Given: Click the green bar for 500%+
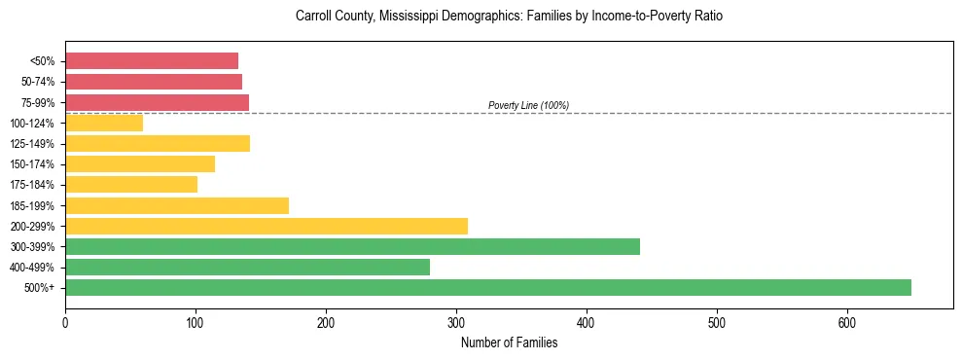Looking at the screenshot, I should (487, 287).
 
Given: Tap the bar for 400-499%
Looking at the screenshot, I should (247, 267).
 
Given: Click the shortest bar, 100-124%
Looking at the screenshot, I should (104, 123).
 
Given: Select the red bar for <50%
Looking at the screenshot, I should (151, 60).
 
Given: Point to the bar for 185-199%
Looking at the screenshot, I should (176, 205).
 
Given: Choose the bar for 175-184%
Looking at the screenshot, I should (130, 184).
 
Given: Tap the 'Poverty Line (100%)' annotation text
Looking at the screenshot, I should (528, 105).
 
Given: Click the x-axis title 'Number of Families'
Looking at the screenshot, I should (509, 342).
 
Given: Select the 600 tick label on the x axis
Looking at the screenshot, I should (846, 322).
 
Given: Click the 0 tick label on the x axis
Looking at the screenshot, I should (65, 322).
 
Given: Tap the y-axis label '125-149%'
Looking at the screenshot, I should (32, 144).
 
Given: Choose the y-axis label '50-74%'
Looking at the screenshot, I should (36, 82).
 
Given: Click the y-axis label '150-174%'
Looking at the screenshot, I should (32, 164).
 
